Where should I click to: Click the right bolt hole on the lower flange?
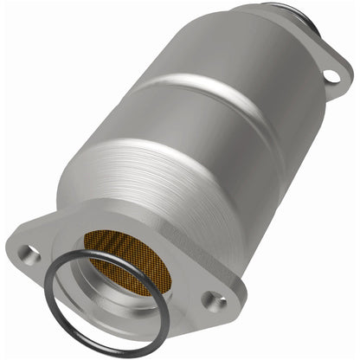tap(212, 300)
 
